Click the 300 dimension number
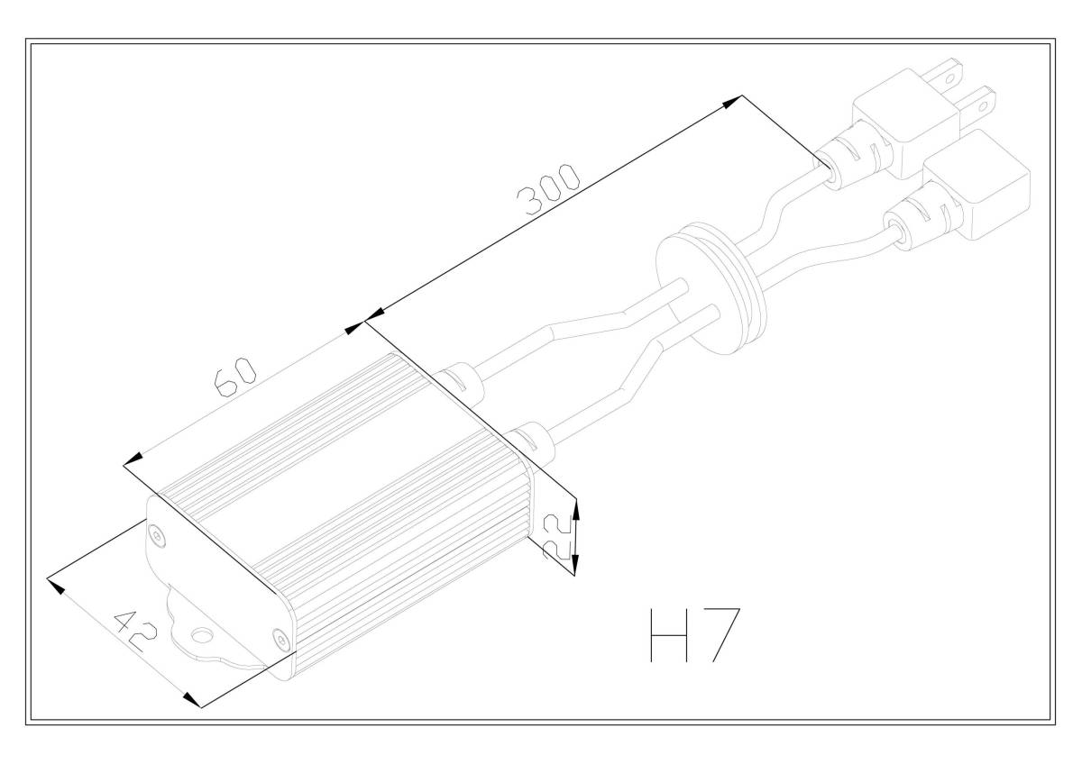coord(548,190)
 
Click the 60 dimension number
coord(235,377)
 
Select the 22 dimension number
coord(557,536)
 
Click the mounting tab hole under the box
coord(201,634)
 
